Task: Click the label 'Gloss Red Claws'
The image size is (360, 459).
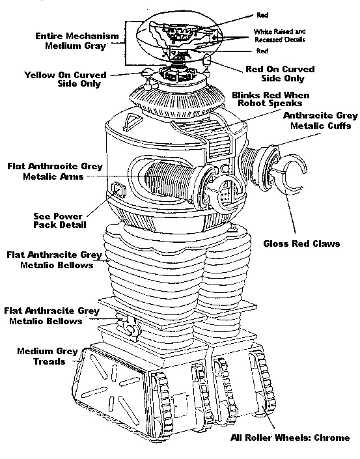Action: [x=301, y=244]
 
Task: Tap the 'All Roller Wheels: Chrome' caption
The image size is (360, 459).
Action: [x=290, y=438]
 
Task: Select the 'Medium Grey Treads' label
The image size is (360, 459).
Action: [x=48, y=356]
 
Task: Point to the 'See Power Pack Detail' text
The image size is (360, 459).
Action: [x=60, y=221]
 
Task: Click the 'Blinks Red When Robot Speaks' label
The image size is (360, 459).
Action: [x=270, y=99]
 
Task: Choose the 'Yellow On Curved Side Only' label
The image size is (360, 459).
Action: [x=65, y=79]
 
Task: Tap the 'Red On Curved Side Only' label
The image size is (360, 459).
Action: [x=280, y=74]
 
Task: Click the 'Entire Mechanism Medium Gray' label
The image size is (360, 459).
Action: [x=77, y=41]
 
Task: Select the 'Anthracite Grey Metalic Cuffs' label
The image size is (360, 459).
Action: [x=320, y=120]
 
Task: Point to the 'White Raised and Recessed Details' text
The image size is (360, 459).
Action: [x=279, y=35]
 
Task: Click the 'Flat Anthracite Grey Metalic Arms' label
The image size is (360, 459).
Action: [x=55, y=171]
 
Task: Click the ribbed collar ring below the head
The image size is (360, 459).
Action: [x=178, y=101]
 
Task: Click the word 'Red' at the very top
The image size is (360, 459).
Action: [x=262, y=15]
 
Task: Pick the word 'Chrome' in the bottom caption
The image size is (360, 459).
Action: [x=332, y=438]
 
